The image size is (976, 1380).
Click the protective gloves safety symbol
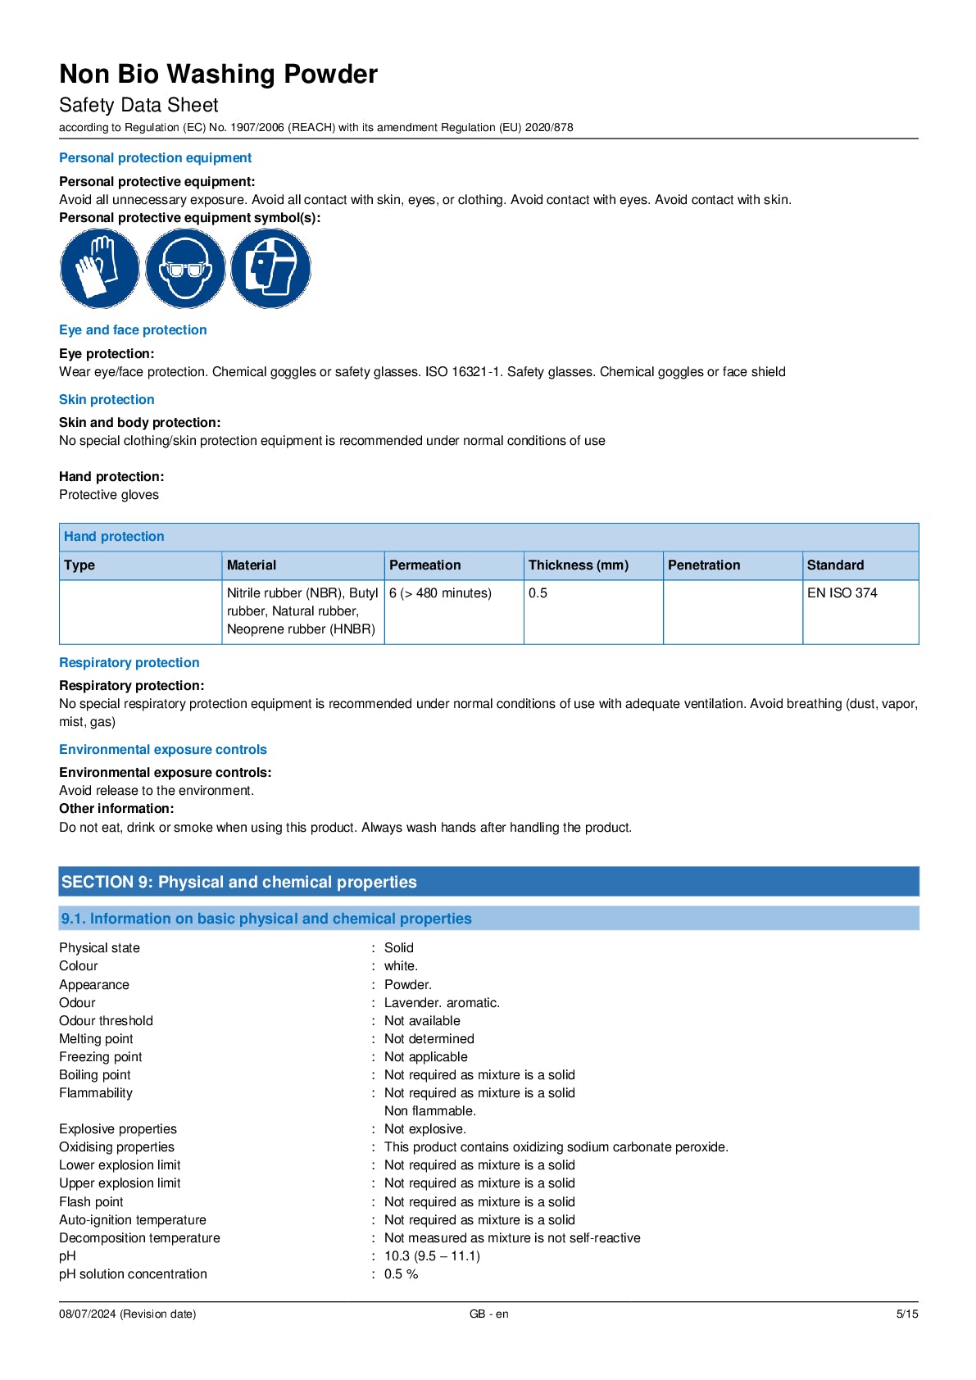click(99, 269)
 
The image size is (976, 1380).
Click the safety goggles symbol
click(184, 269)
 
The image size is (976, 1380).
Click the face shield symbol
click(270, 269)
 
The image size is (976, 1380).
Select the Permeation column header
click(424, 565)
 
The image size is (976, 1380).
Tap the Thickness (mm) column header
click(578, 565)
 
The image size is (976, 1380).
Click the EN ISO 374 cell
click(842, 593)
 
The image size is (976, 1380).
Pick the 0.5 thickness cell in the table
click(538, 593)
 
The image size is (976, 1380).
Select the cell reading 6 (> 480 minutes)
click(440, 593)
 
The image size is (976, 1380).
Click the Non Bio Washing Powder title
click(218, 75)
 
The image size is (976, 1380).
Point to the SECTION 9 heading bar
click(488, 882)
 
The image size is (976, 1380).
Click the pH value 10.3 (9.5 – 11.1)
click(432, 1256)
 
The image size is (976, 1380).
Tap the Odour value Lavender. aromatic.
click(442, 1003)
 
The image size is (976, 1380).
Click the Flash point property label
click(91, 1202)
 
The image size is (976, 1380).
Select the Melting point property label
click(96, 1039)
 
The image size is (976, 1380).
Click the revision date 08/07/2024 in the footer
click(127, 1314)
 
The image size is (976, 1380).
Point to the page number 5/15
click(906, 1314)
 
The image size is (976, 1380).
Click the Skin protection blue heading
click(107, 400)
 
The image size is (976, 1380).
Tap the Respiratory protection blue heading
click(129, 663)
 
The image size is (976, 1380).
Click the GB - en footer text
click(488, 1314)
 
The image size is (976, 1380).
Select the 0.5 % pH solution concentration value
click(401, 1274)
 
